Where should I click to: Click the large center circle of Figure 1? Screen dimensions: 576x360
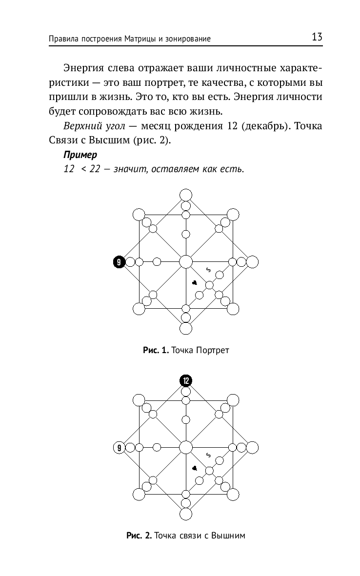(x=185, y=262)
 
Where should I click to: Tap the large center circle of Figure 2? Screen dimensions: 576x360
(x=185, y=447)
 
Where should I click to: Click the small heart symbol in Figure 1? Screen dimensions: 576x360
(x=194, y=283)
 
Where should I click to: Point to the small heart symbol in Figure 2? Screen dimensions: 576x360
(x=194, y=468)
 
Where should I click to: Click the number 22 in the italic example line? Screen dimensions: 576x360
(x=94, y=170)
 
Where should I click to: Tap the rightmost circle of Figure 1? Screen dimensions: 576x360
(x=252, y=262)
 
